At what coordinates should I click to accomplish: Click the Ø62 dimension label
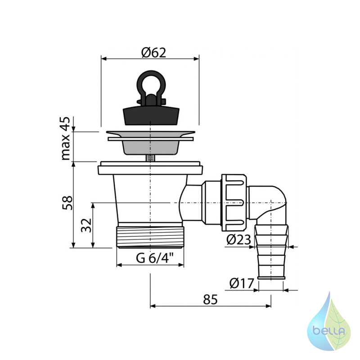[x=153, y=53]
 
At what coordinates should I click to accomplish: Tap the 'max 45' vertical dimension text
[x=66, y=139]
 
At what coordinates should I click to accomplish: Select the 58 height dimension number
[x=67, y=203]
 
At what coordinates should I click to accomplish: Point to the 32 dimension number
[x=86, y=225]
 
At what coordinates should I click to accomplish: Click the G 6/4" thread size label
[x=154, y=258]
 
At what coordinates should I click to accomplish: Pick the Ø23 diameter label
[x=238, y=240]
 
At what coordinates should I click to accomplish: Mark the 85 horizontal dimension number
[x=210, y=300]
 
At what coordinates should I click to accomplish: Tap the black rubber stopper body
[x=151, y=116]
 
